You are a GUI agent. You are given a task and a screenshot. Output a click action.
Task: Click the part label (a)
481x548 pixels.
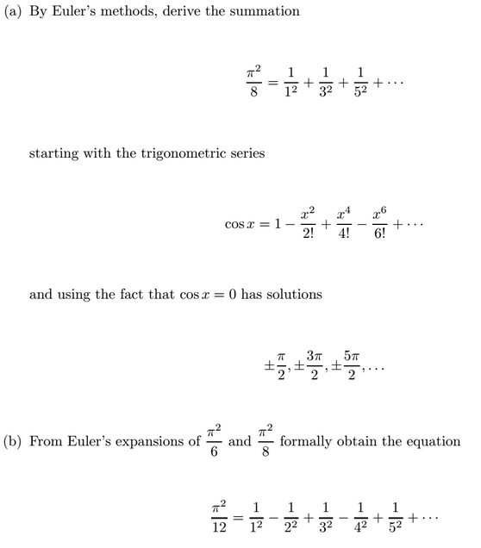click(14, 12)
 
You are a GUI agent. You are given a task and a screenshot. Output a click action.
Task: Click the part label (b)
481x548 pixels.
click(14, 442)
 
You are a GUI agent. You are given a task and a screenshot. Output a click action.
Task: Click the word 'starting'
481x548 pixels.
click(54, 154)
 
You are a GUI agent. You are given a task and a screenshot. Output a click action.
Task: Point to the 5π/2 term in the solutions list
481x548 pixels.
click(349, 366)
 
